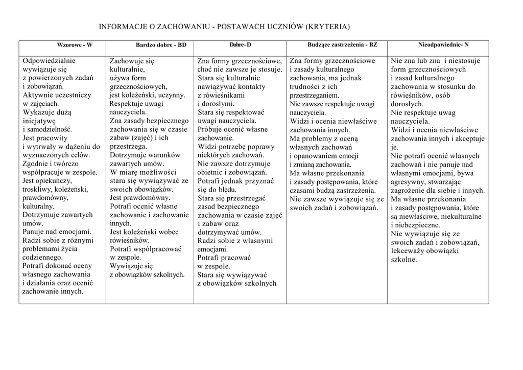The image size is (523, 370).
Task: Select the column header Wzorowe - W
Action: tap(75, 45)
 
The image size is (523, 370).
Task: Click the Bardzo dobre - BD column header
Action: tap(161, 45)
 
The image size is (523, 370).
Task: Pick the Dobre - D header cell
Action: tap(240, 45)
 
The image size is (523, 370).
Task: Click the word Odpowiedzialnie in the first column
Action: tap(49, 61)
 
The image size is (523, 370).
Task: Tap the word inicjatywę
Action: tap(39, 122)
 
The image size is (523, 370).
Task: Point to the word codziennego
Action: tap(44, 257)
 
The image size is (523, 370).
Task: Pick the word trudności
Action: tap(306, 87)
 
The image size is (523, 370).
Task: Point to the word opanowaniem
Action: tap(315, 155)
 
